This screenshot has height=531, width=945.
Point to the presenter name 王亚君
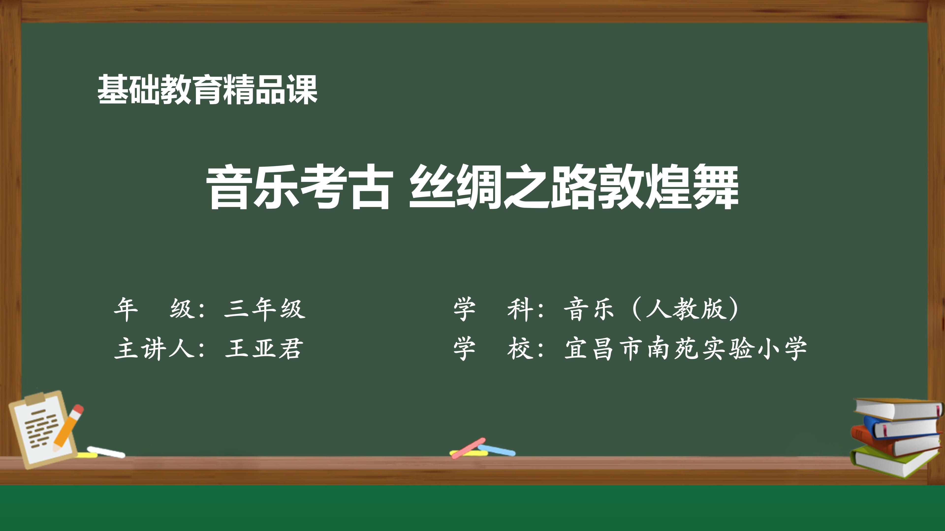264,348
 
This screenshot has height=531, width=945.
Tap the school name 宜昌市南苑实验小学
685,348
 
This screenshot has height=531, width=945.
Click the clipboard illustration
43,429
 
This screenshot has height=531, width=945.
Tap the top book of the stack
899,408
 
